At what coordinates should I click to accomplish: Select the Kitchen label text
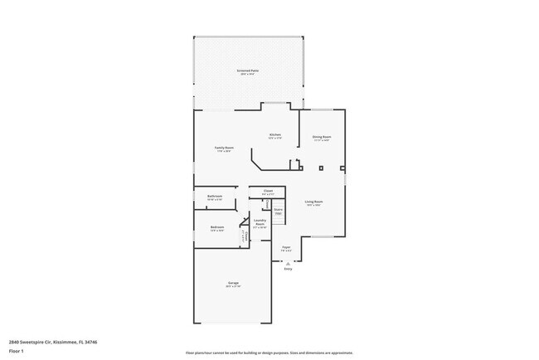[x=274, y=134]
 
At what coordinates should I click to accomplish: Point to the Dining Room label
[x=322, y=136]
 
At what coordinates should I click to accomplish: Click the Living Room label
[x=313, y=201]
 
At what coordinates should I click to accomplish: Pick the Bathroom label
[x=215, y=197]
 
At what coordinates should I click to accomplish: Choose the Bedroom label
[x=217, y=226]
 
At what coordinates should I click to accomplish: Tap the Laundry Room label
[x=260, y=222]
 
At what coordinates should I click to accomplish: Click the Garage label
[x=234, y=283]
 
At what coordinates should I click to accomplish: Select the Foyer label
[x=286, y=246]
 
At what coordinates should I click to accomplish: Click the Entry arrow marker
[x=289, y=262]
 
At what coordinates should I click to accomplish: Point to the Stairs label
[x=279, y=210]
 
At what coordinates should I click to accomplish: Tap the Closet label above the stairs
[x=268, y=191]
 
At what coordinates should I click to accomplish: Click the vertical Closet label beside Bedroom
[x=245, y=236]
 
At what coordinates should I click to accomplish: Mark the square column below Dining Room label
[x=321, y=168]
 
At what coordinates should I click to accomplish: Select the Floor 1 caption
[x=17, y=351]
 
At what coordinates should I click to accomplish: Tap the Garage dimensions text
[x=234, y=287]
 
